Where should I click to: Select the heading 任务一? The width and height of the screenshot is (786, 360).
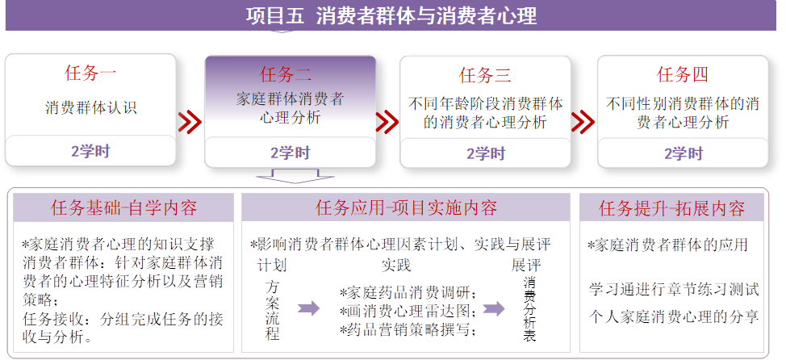coord(90,73)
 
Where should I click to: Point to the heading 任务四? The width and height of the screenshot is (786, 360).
coord(683,75)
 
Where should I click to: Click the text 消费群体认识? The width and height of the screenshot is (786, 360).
coord(90,107)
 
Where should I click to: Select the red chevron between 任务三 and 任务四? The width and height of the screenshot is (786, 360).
coord(583,122)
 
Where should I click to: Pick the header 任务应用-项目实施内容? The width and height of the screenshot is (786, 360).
coord(406,208)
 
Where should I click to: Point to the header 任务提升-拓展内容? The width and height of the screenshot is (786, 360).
coord(672,208)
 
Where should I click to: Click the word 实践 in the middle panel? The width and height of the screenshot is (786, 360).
coord(395,265)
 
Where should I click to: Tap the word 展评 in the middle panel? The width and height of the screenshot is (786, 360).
coord(525,265)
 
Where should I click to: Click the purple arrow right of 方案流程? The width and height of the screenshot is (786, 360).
coord(309,308)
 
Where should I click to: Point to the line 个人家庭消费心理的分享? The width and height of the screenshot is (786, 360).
coord(672,316)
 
